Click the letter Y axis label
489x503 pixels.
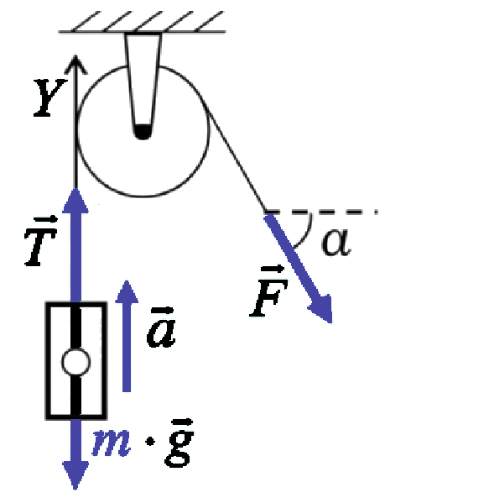pos(50,97)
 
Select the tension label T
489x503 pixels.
pos(41,241)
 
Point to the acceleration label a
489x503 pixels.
pos(161,327)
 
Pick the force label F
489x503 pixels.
pos(269,291)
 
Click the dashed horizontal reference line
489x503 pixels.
pos(321,212)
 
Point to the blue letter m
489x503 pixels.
pos(112,442)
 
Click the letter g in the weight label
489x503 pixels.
pos(179,443)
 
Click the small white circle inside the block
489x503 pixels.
pos(75,362)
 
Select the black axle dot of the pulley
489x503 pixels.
pos(143,132)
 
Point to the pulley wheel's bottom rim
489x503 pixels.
pos(143,195)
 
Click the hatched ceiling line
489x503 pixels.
pos(143,31)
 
